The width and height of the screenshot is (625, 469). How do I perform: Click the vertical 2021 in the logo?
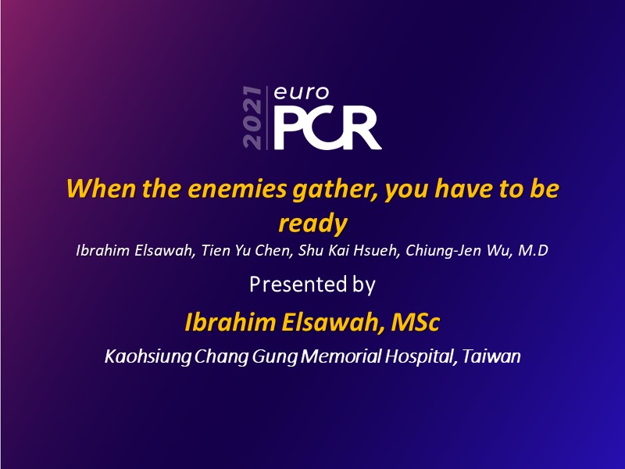pyautogui.click(x=252, y=118)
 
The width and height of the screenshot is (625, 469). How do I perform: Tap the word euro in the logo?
pyautogui.click(x=302, y=92)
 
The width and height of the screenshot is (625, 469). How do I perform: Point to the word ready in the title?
pyautogui.click(x=313, y=224)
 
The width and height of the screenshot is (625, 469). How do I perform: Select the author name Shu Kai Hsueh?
pyautogui.click(x=348, y=250)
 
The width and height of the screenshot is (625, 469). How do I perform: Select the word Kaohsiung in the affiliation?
pyautogui.click(x=148, y=356)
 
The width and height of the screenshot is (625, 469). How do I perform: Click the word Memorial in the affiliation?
pyautogui.click(x=341, y=356)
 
